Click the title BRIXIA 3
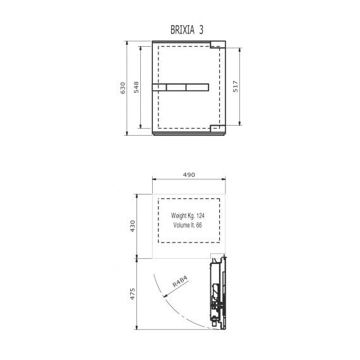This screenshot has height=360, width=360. (x=187, y=30)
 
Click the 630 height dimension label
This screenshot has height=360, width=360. (x=123, y=88)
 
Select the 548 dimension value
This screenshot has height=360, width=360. (x=136, y=87)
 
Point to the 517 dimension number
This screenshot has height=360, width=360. (x=236, y=87)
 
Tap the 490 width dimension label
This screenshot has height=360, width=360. (x=189, y=175)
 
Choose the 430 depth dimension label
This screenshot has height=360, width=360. (x=133, y=226)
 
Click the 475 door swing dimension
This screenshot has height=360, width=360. (x=133, y=294)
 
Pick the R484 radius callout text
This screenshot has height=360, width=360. (x=180, y=281)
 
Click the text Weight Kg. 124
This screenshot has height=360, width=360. (x=188, y=215)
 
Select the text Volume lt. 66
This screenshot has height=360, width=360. (x=188, y=225)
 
